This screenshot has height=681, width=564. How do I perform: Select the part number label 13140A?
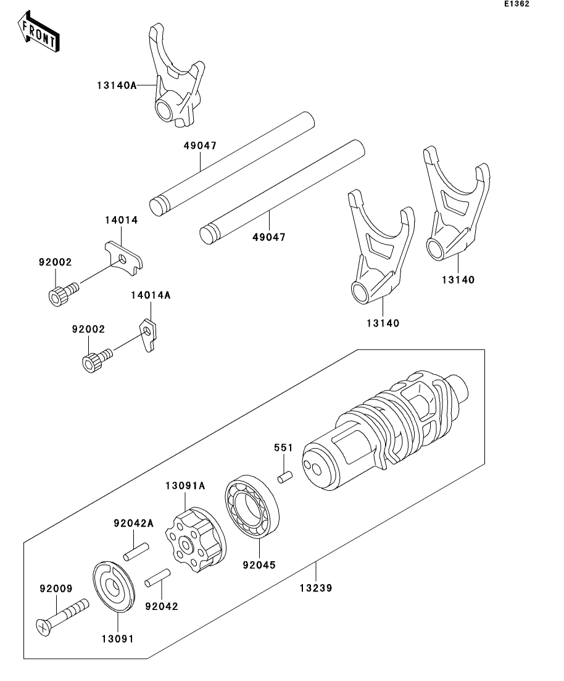[116, 86]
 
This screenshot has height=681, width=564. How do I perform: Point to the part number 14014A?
[150, 296]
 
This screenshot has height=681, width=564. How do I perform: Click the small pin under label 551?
[284, 478]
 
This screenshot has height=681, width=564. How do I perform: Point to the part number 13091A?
[185, 486]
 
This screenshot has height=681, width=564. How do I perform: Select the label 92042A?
[133, 524]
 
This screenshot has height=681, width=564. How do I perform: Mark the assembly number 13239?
[317, 588]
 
